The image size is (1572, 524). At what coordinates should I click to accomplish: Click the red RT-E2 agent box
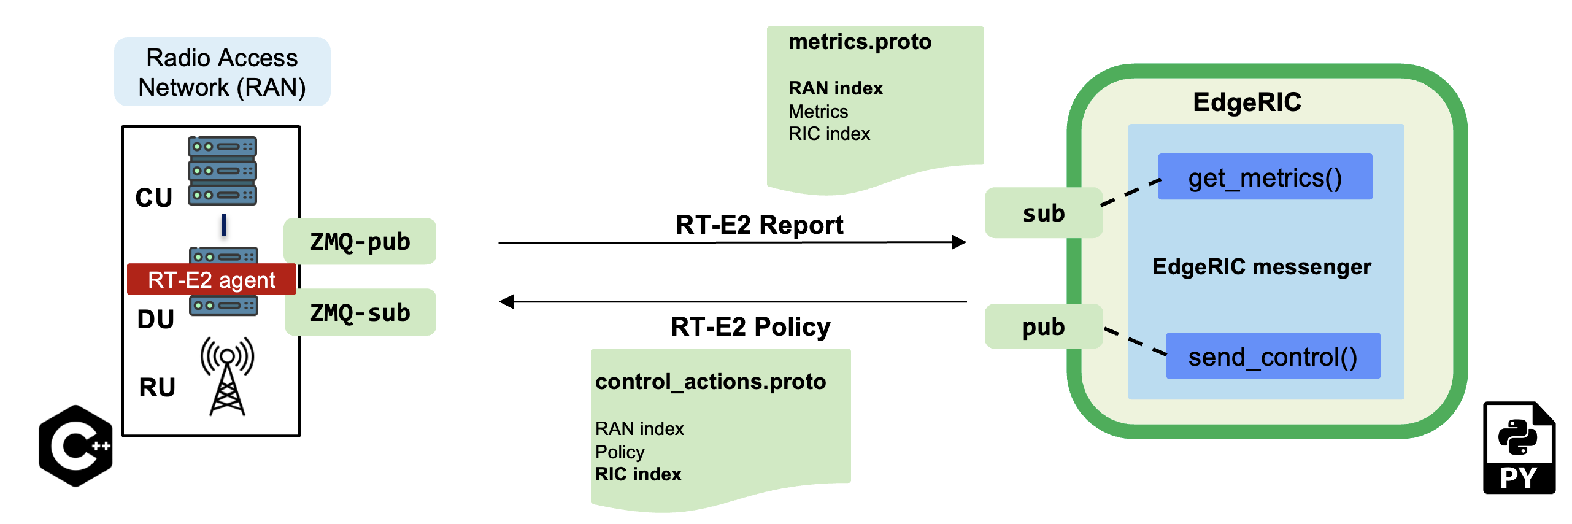(212, 279)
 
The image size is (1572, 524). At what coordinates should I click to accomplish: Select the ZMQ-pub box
(360, 241)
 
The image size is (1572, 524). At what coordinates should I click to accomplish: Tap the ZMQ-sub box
(360, 312)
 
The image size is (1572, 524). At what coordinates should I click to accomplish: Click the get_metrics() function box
(1265, 177)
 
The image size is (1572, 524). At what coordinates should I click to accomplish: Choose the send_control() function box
(1273, 356)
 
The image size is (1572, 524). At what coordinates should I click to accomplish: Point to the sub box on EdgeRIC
(1044, 213)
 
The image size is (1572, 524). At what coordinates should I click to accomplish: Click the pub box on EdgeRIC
(1044, 326)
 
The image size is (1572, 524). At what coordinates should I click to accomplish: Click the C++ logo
(75, 446)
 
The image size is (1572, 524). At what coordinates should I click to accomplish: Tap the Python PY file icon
(1519, 448)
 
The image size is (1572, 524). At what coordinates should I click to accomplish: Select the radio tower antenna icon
(227, 376)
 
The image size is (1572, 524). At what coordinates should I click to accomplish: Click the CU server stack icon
(222, 171)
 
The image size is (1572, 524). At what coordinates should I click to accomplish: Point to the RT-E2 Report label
(759, 225)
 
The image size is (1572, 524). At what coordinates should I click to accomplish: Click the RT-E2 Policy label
(750, 326)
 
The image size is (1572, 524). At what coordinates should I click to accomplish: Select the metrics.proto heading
(860, 42)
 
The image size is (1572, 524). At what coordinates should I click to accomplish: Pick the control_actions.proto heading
(711, 382)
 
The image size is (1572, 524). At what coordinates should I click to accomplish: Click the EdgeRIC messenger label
(1262, 267)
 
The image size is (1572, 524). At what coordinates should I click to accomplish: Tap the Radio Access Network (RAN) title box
(222, 72)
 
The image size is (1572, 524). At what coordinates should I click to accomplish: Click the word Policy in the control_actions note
(620, 452)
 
